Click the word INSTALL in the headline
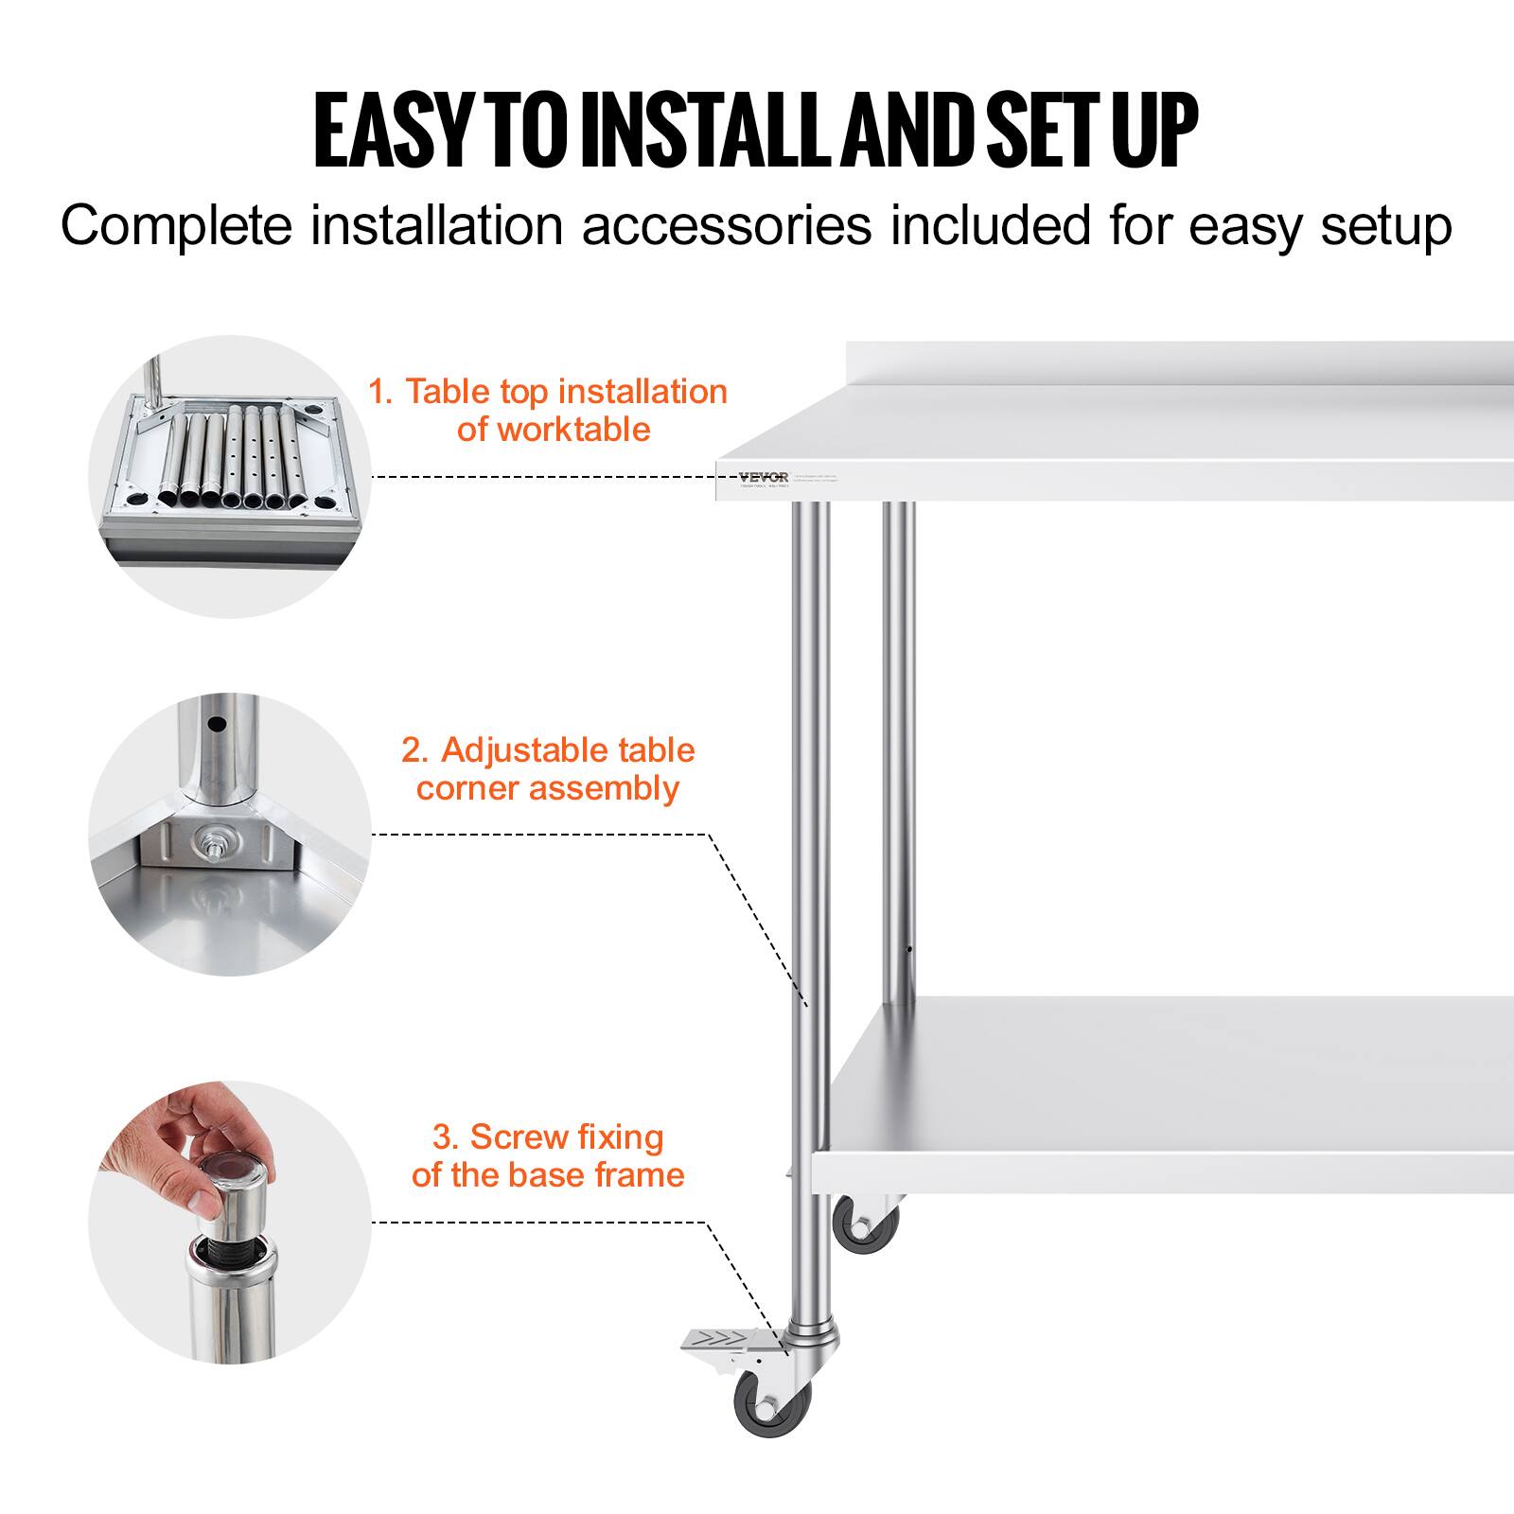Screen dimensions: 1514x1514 click(680, 130)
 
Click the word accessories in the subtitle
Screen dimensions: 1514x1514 click(726, 226)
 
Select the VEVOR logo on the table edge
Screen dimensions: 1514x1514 click(763, 476)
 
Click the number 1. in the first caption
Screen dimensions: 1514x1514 click(380, 391)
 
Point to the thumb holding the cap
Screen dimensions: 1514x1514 click(214, 1201)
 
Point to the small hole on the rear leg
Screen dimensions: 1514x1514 click(909, 948)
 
